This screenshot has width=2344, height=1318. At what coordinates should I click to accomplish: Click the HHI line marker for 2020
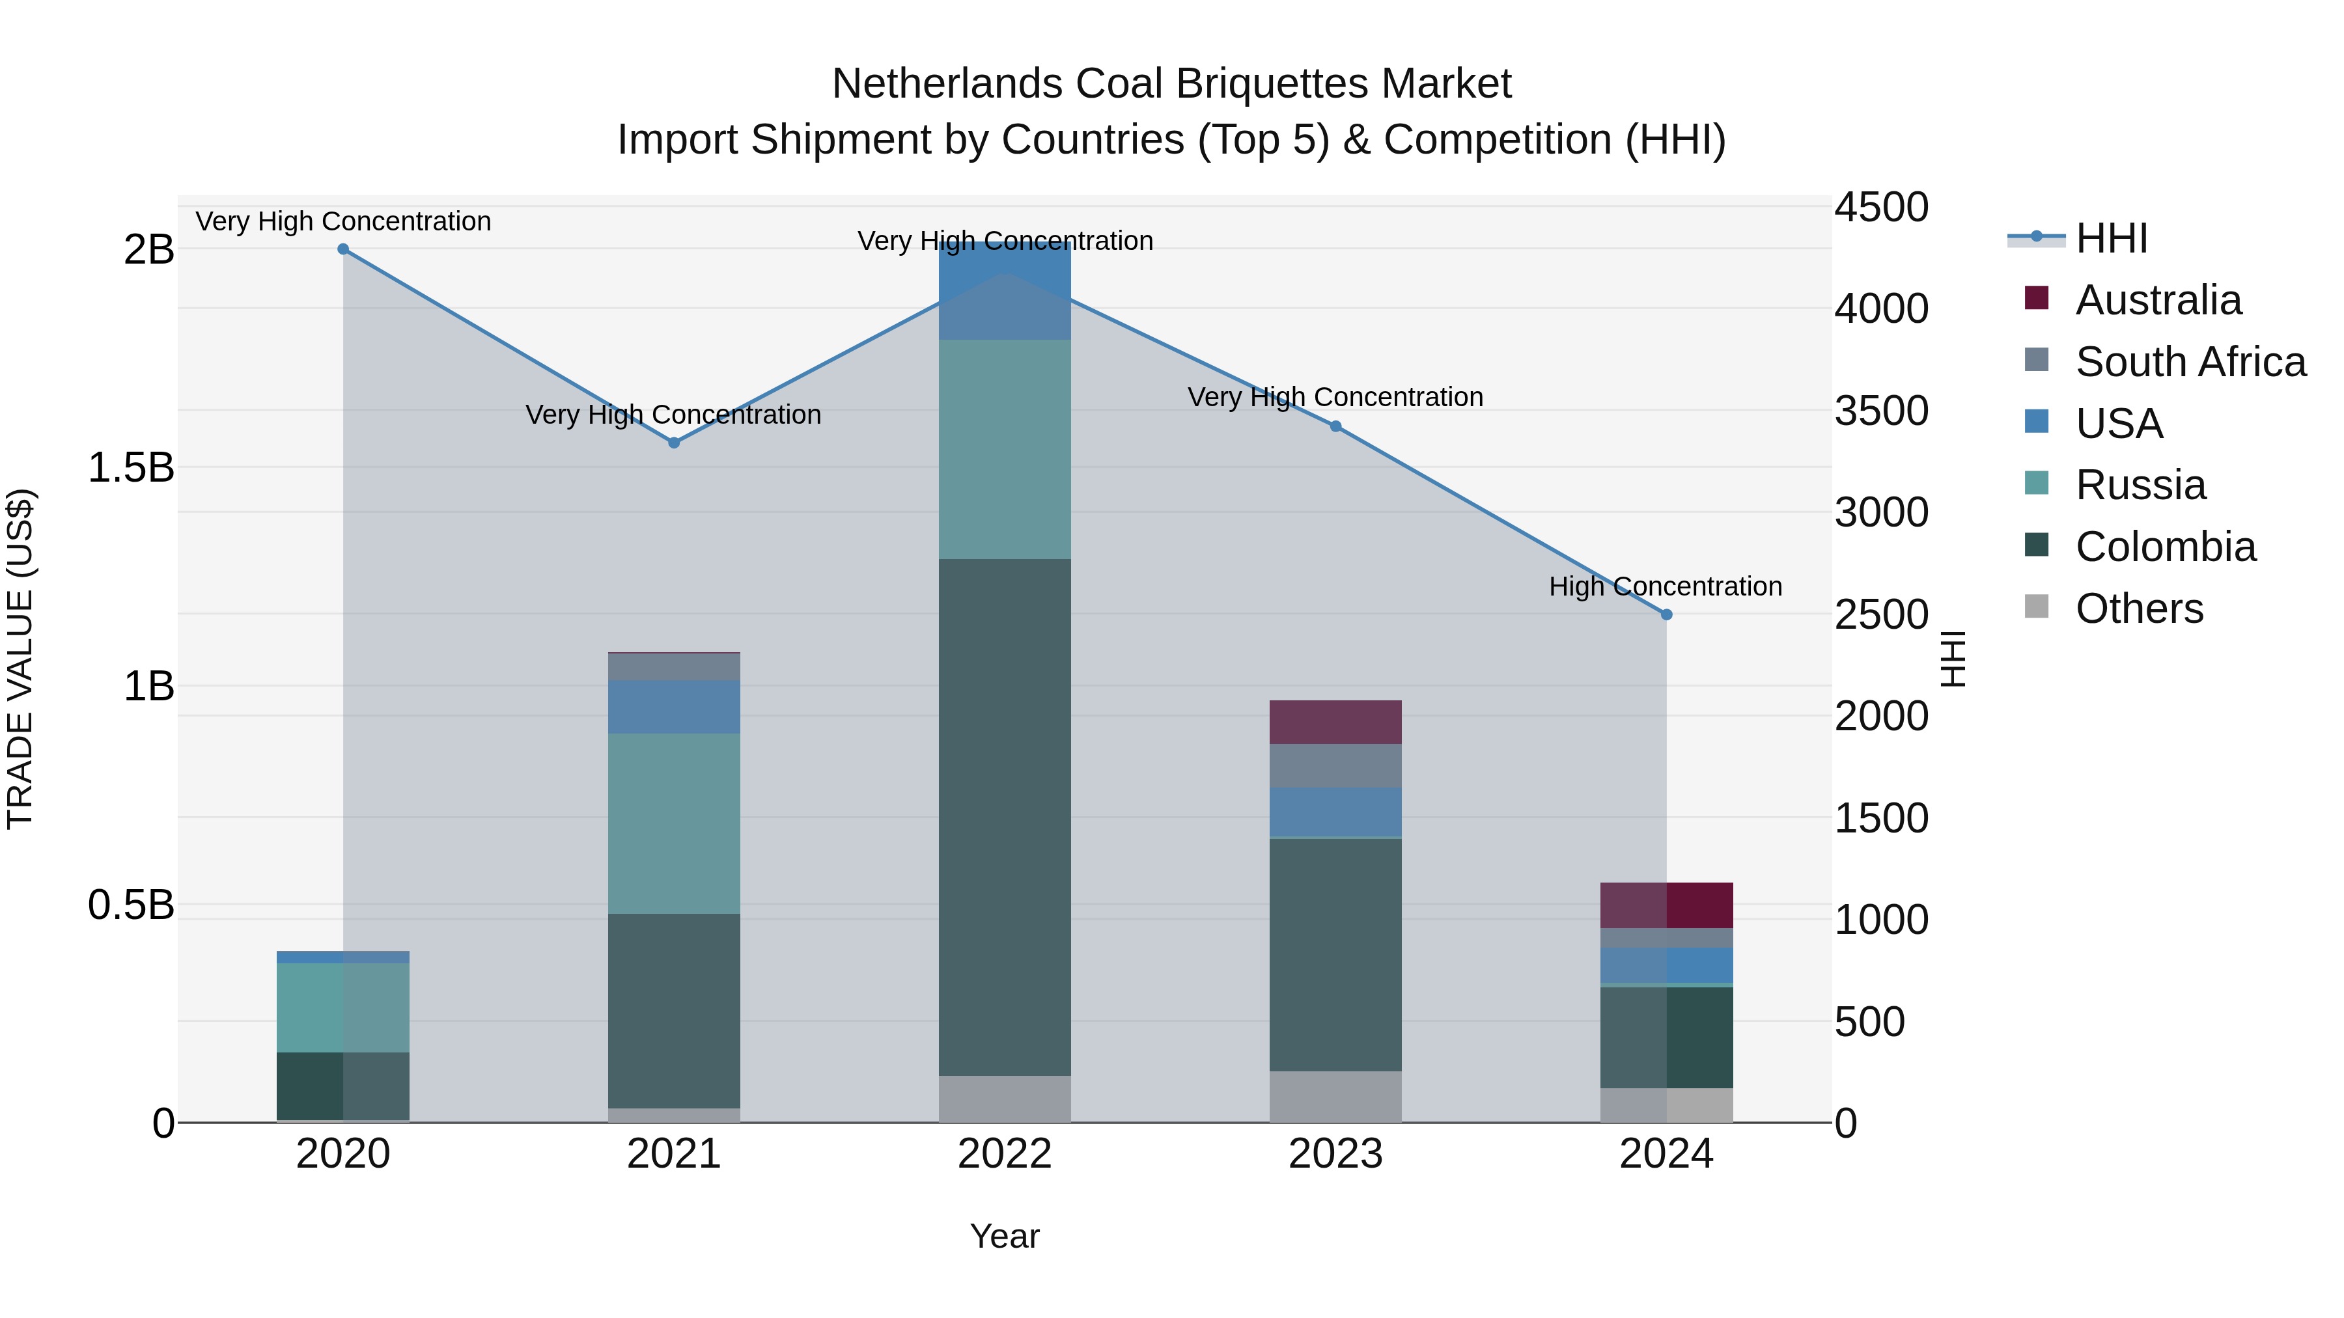(x=343, y=249)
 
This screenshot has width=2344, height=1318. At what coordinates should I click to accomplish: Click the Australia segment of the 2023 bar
(x=1335, y=722)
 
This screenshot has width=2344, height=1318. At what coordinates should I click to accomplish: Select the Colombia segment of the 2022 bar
(x=1005, y=817)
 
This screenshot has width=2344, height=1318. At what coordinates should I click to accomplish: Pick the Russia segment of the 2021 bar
(x=673, y=823)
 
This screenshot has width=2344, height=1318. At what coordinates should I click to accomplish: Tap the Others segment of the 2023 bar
(x=1335, y=1096)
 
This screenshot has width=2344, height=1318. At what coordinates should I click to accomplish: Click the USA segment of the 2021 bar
(x=673, y=707)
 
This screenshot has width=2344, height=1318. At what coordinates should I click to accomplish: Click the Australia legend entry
(x=2158, y=300)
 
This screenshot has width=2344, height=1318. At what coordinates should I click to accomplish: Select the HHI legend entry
(x=2111, y=238)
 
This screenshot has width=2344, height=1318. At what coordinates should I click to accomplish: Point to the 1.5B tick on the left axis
(x=130, y=467)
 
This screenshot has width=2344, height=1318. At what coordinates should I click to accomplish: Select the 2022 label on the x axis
(x=1005, y=1154)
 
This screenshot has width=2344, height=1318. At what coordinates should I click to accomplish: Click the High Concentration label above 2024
(x=1665, y=586)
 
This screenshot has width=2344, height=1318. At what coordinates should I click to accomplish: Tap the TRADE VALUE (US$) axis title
(x=20, y=659)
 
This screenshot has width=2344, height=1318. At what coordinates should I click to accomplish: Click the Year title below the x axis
(x=1005, y=1236)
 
